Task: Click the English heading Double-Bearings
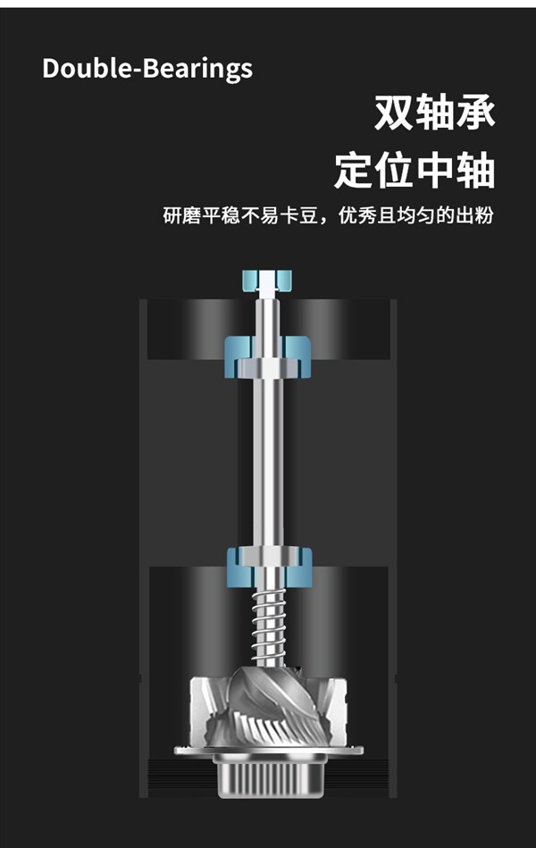pyautogui.click(x=147, y=69)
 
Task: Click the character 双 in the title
pyautogui.click(x=395, y=113)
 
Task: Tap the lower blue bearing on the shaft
pyautogui.click(x=267, y=562)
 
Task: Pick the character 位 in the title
pyautogui.click(x=395, y=171)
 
